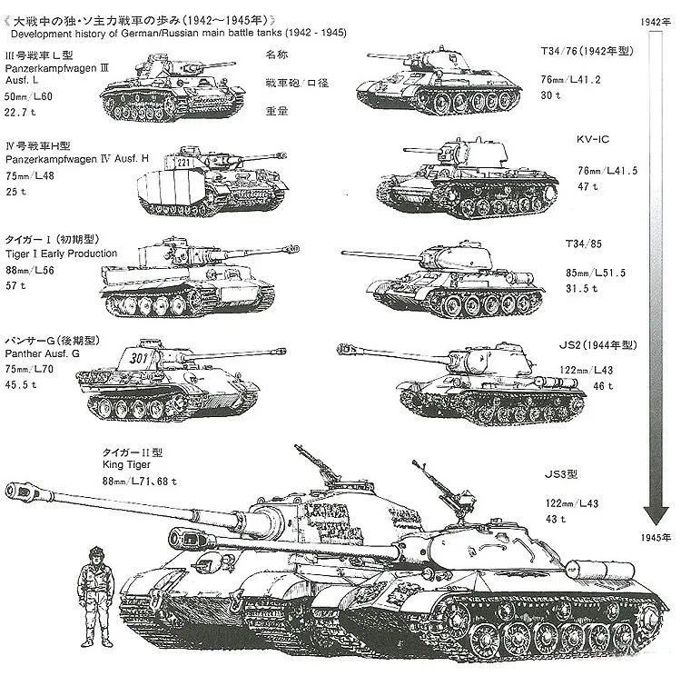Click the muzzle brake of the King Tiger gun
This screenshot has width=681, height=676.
coord(27,493)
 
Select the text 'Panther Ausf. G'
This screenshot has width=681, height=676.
coord(44,353)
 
